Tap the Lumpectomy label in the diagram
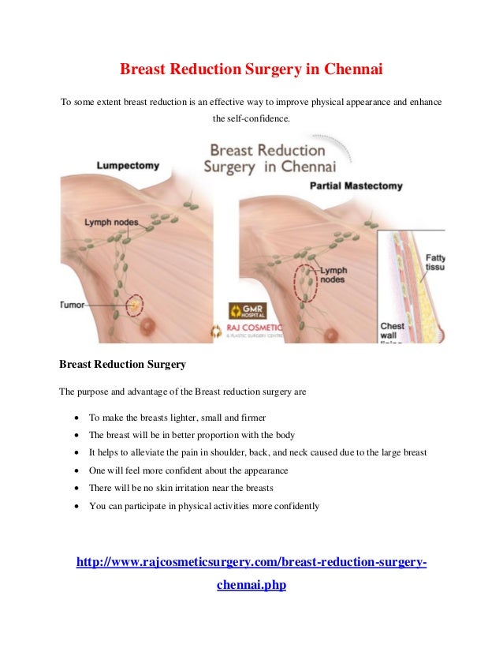pos(128,167)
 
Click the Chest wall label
pos(393,332)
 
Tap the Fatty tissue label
pos(434,262)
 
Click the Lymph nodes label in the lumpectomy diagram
pos(111,223)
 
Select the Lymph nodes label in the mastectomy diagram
pos(333,275)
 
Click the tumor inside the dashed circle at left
pos(135,303)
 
